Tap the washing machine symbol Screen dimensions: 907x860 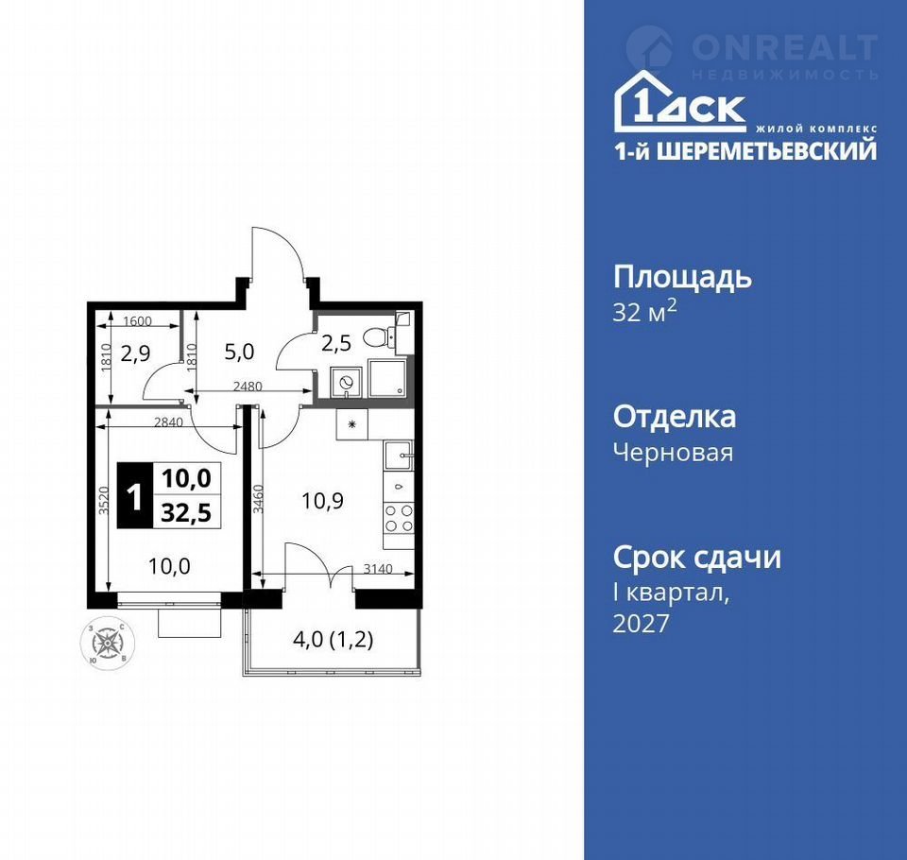point(346,383)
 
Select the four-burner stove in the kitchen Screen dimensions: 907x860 point(399,518)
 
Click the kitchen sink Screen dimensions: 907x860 point(399,455)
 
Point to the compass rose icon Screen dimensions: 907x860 point(107,645)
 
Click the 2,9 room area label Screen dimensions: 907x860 point(135,353)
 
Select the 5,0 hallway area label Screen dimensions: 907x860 point(239,352)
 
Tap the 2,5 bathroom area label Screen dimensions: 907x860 point(336,343)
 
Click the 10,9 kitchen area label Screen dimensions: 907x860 point(323,501)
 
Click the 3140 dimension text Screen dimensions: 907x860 point(378,569)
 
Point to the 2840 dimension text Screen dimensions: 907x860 point(168,422)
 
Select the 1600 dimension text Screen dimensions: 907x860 point(137,321)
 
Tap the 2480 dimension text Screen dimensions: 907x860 point(248,386)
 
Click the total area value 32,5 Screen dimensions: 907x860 point(186,513)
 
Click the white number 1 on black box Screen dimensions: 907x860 point(135,496)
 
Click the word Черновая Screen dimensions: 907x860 point(673,453)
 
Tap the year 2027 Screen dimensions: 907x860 point(641,624)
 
